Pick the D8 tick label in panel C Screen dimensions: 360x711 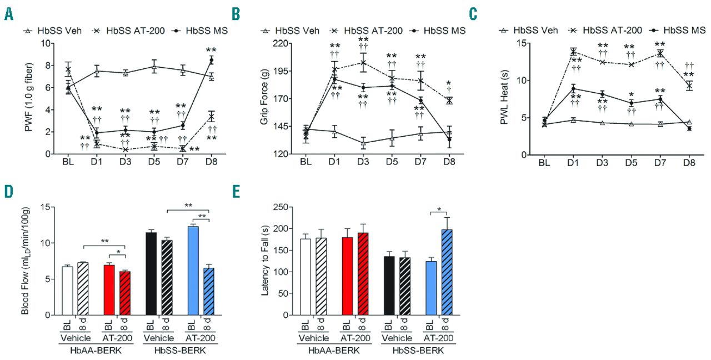click(689, 164)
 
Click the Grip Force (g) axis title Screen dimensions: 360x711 click(255, 99)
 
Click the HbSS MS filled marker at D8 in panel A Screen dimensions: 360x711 click(211, 60)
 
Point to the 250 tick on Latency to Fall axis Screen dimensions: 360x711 click(271, 207)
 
